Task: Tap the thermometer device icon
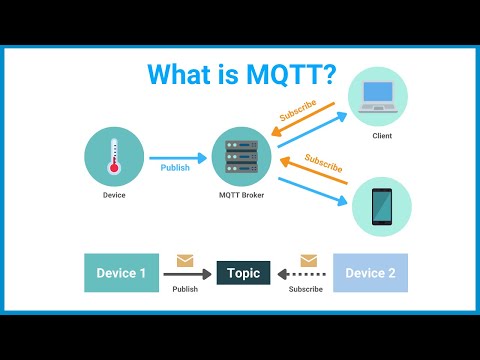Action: (x=114, y=155)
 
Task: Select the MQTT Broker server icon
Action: (x=239, y=154)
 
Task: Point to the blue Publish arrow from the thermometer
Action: (x=177, y=156)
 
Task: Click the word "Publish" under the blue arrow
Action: (x=176, y=168)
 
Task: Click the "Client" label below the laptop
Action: (x=381, y=135)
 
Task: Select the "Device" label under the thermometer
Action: (x=114, y=195)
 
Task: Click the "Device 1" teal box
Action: (x=121, y=273)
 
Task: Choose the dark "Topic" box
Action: (x=243, y=273)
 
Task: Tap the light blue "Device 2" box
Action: (x=370, y=273)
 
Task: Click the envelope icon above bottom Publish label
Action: (x=185, y=261)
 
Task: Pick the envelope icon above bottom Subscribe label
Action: (x=304, y=261)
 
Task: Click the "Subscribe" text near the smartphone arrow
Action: (x=322, y=161)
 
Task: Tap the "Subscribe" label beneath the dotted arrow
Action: (x=305, y=289)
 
